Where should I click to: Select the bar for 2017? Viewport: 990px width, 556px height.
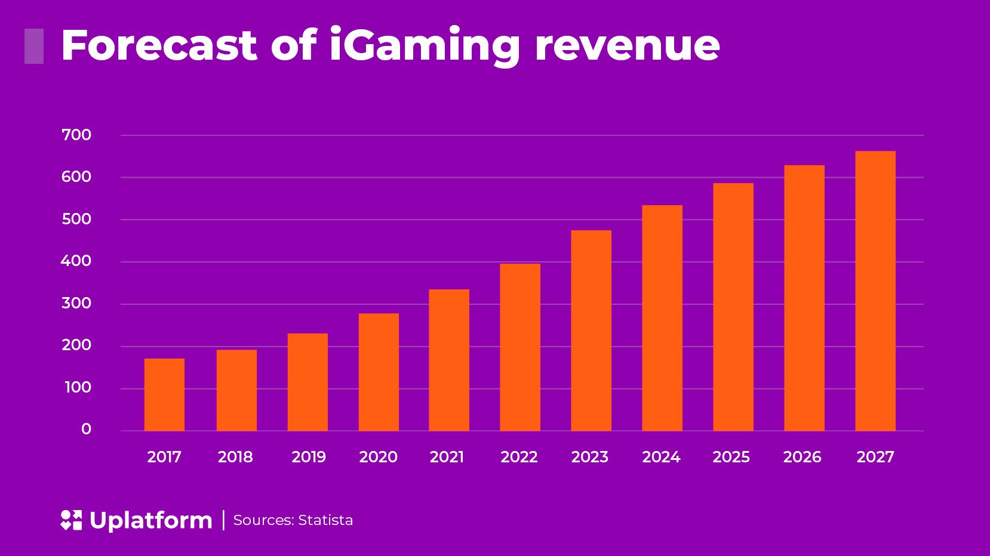(164, 394)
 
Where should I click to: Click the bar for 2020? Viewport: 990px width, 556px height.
(379, 372)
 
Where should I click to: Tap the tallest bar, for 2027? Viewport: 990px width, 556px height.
(875, 291)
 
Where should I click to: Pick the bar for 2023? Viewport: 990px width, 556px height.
(591, 330)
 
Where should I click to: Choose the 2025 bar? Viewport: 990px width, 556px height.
(733, 307)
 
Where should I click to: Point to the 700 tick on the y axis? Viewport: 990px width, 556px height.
(76, 135)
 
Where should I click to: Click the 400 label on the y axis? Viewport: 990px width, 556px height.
(76, 261)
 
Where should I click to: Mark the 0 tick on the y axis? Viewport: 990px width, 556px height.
(86, 429)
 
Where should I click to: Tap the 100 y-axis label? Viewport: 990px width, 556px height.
(78, 387)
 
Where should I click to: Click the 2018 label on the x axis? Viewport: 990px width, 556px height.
(235, 457)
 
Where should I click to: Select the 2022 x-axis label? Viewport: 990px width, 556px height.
(519, 457)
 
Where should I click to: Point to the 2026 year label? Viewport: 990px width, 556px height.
(802, 457)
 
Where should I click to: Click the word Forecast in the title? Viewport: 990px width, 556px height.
(159, 45)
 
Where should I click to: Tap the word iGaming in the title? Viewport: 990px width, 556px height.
(425, 47)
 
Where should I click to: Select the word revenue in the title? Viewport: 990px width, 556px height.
(627, 47)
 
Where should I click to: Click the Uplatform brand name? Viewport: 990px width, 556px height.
(150, 520)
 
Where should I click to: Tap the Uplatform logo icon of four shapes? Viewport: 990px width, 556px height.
(71, 520)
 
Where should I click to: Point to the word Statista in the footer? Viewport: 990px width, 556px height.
(325, 520)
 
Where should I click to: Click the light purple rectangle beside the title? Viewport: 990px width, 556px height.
(34, 46)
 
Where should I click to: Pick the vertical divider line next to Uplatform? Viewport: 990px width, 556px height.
(223, 520)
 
